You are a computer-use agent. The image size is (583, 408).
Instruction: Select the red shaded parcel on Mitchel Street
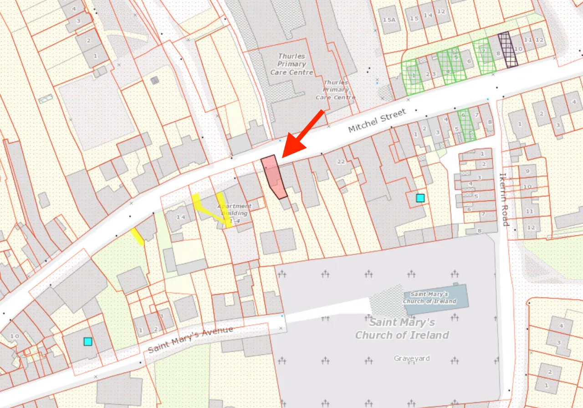pyautogui.click(x=273, y=176)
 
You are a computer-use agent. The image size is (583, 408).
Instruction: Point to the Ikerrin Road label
pyautogui.click(x=503, y=199)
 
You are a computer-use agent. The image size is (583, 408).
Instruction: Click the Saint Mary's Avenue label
pyautogui.click(x=190, y=340)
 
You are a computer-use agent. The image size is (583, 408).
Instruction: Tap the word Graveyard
pyautogui.click(x=412, y=358)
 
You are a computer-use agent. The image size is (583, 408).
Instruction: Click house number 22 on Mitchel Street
pyautogui.click(x=341, y=161)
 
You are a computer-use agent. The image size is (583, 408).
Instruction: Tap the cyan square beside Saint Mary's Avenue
pyautogui.click(x=88, y=341)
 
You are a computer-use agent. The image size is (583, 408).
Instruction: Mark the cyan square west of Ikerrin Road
pyautogui.click(x=420, y=198)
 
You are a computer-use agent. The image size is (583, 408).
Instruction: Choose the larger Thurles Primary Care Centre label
pyautogui.click(x=291, y=64)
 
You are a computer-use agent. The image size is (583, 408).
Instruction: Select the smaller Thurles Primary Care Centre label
pyautogui.click(x=336, y=90)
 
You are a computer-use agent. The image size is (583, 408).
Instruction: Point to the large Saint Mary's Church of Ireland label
pyautogui.click(x=402, y=329)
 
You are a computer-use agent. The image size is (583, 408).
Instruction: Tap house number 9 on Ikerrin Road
pyautogui.click(x=527, y=171)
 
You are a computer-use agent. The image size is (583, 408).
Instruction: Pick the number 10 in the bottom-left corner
pyautogui.click(x=15, y=336)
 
